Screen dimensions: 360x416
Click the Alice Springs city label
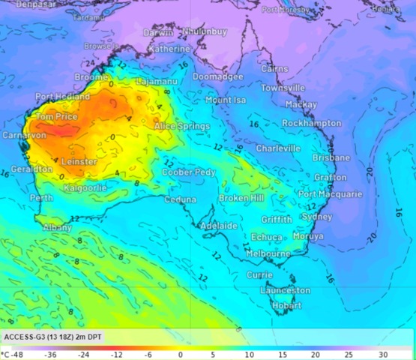tap(181, 127)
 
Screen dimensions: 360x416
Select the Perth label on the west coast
tap(41, 198)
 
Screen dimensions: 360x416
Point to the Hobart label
tap(287, 306)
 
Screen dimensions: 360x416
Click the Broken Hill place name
tap(241, 198)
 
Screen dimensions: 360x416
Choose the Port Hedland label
tap(62, 97)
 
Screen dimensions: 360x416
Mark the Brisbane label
tap(331, 158)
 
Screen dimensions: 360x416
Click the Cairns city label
tap(274, 69)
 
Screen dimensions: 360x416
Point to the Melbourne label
tap(268, 254)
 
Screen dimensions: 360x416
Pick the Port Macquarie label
tap(330, 194)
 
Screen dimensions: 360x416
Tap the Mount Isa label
tap(226, 100)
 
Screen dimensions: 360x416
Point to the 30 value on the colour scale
tap(383, 353)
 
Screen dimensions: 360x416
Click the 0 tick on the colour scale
tap(180, 353)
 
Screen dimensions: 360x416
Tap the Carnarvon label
tap(23, 135)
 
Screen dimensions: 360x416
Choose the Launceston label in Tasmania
tap(285, 290)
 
